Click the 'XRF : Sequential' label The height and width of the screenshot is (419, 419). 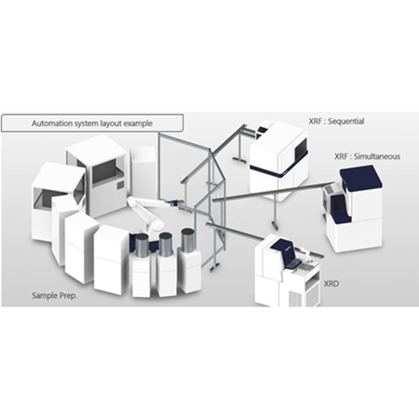pyautogui.click(x=336, y=122)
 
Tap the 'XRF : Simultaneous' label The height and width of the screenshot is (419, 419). pyautogui.click(x=367, y=156)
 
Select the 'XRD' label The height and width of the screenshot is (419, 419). pyautogui.click(x=331, y=284)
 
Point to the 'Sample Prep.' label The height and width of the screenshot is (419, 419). pyautogui.click(x=54, y=295)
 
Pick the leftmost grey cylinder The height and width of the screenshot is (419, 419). pyautogui.click(x=142, y=245)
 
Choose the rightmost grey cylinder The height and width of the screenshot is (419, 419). pyautogui.click(x=188, y=240)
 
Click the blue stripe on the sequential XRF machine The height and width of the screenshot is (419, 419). pyautogui.click(x=278, y=168)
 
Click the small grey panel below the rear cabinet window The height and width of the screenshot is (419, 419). pyautogui.click(x=121, y=184)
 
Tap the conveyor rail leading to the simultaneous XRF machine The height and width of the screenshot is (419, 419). pyautogui.click(x=272, y=191)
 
